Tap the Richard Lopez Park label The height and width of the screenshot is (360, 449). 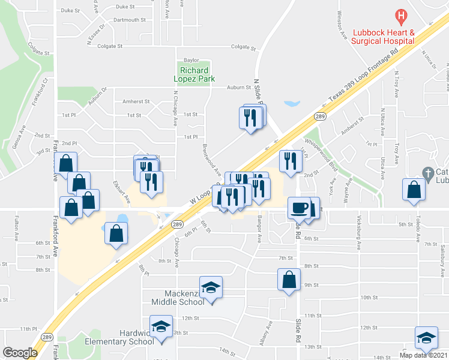click(x=194, y=74)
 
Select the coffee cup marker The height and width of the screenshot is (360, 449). click(x=300, y=208)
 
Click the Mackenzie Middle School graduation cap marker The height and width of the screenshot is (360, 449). click(x=211, y=287)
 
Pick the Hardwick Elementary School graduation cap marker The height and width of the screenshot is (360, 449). click(x=161, y=326)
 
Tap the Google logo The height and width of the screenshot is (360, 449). click(x=20, y=353)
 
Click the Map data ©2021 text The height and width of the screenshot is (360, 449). click(x=423, y=355)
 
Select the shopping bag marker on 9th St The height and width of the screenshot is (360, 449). click(x=289, y=279)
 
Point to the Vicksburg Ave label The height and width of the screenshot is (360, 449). click(x=360, y=236)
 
